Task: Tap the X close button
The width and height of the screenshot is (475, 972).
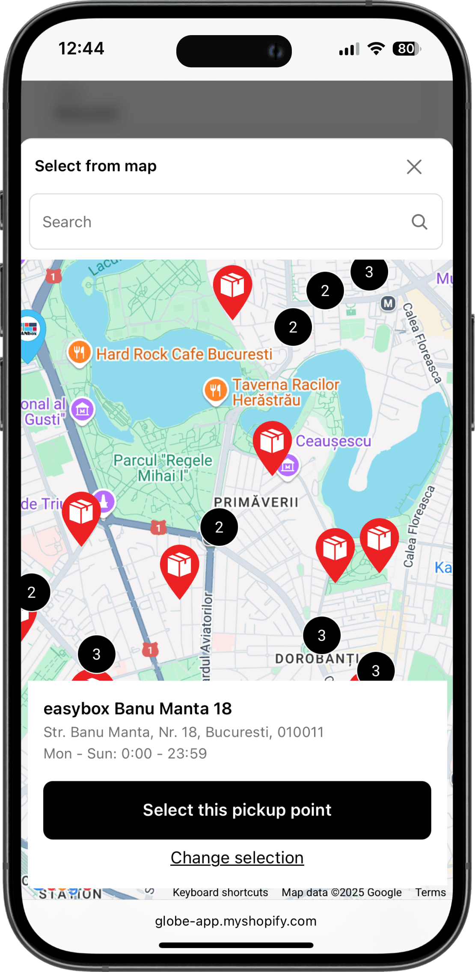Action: click(414, 167)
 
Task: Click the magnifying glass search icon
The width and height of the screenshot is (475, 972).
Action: click(419, 222)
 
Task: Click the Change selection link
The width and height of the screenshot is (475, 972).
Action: click(237, 858)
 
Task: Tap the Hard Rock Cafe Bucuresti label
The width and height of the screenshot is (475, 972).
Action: click(184, 354)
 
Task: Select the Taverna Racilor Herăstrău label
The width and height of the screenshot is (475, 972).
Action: click(286, 392)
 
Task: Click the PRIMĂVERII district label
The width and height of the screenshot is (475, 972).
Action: click(256, 502)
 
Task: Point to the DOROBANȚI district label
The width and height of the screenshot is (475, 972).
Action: click(317, 658)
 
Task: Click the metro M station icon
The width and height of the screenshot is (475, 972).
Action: click(388, 304)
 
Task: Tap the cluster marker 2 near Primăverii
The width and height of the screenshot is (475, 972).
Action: click(219, 527)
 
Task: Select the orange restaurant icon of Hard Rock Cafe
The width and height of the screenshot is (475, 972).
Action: click(80, 353)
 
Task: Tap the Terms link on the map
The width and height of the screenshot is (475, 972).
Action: click(430, 892)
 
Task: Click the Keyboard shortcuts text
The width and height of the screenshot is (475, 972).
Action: click(220, 892)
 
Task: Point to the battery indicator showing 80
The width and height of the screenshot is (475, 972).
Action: click(406, 49)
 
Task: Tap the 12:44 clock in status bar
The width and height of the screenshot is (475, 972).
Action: click(81, 48)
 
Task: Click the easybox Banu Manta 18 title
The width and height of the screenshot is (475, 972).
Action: click(138, 709)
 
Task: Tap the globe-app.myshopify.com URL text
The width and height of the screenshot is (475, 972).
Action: click(236, 921)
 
